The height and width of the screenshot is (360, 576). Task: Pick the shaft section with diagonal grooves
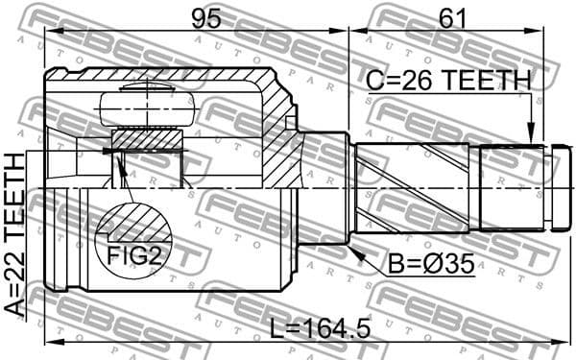413,187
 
